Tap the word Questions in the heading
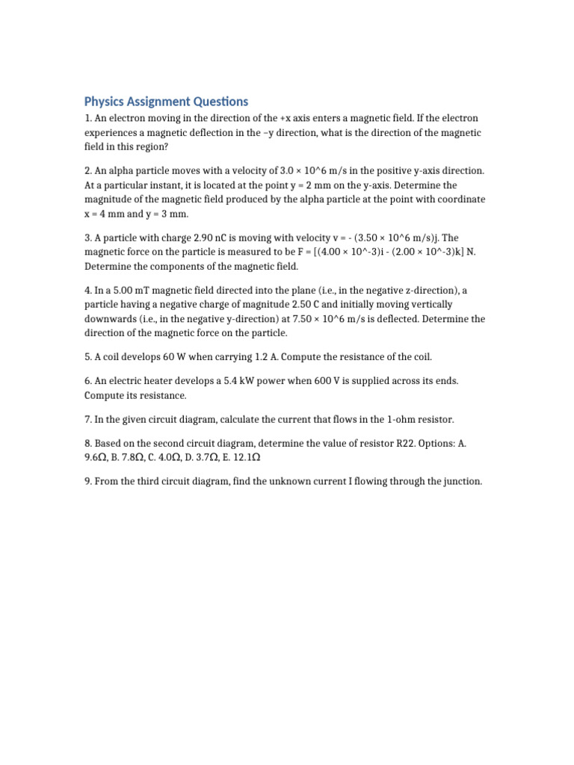coord(217,102)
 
